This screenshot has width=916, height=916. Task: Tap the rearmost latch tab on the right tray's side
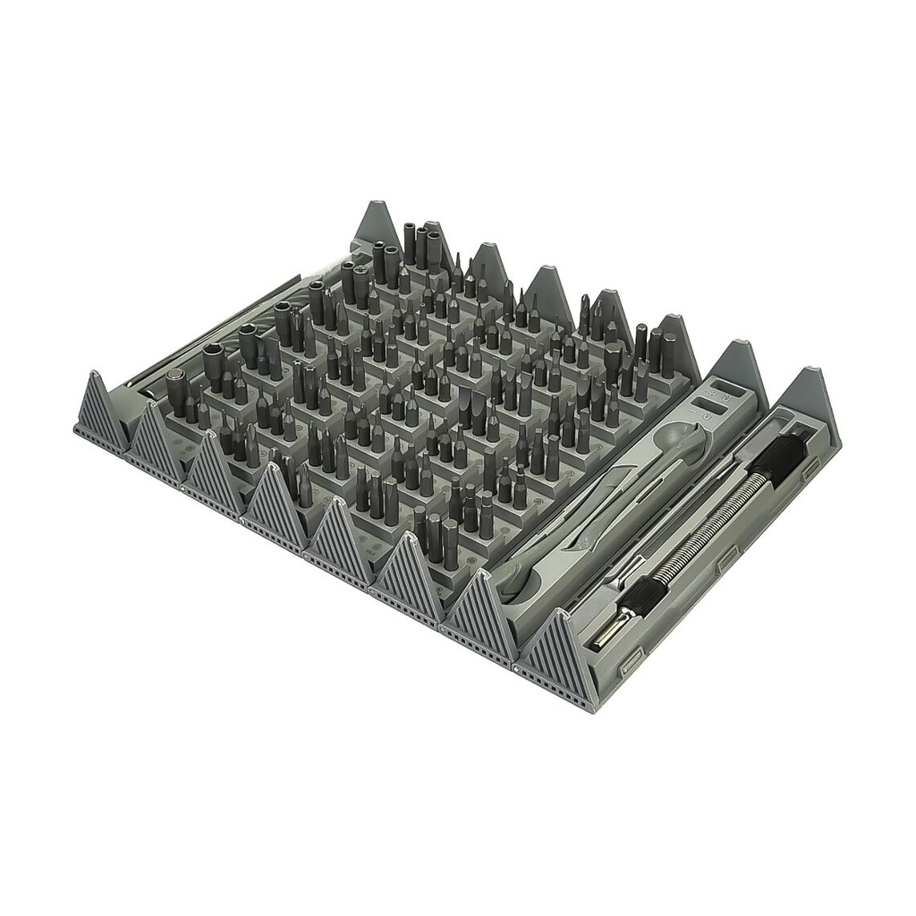811,469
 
